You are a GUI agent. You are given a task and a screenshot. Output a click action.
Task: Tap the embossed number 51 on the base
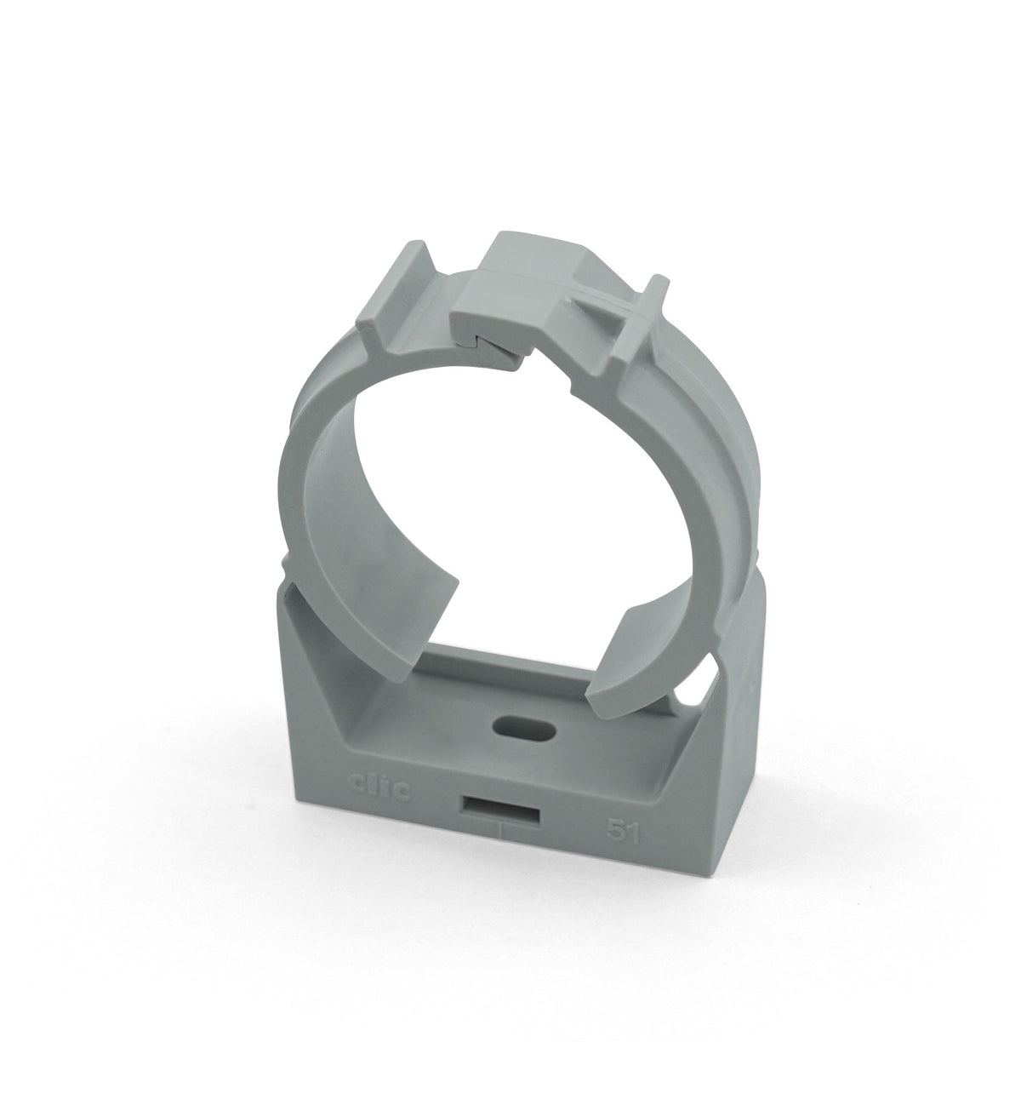[x=623, y=832]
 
